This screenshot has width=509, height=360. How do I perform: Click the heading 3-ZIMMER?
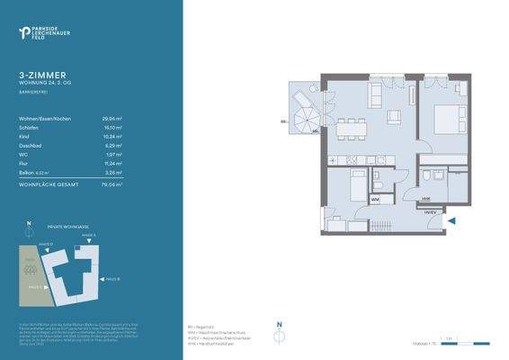coord(40,76)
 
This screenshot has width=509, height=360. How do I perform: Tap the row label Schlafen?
coord(29,128)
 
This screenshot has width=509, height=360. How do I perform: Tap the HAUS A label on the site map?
coord(89,234)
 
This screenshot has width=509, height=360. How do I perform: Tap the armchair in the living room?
coord(393,117)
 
